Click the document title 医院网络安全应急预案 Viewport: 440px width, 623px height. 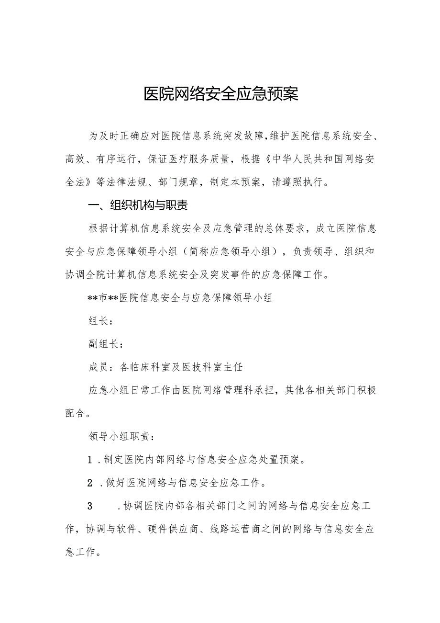(221, 94)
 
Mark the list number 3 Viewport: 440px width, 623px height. (89, 506)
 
